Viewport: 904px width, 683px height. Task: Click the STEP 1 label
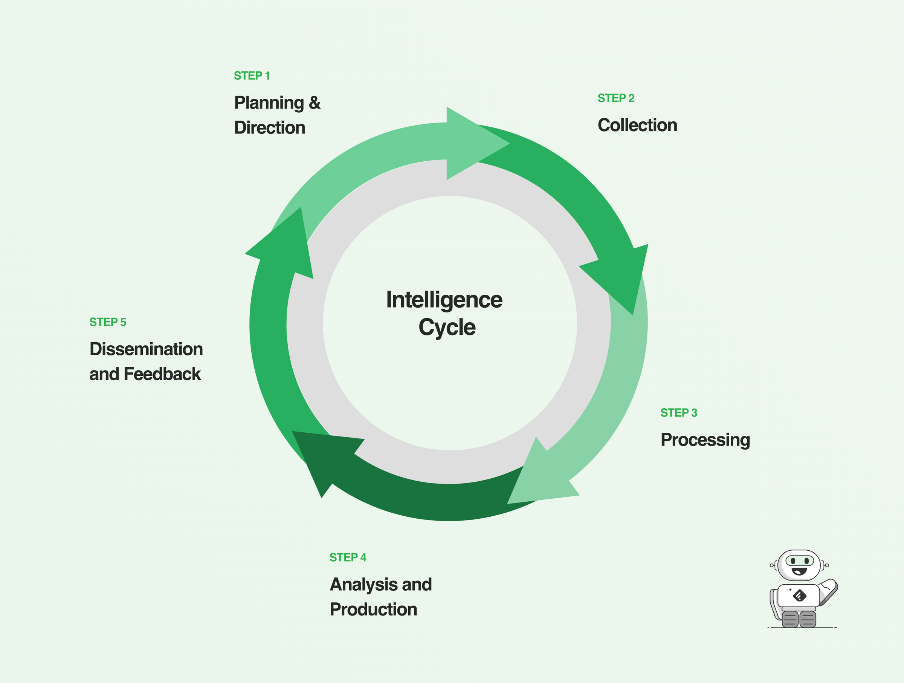point(251,76)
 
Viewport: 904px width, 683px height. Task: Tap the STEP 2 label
point(615,98)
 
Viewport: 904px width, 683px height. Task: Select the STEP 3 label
point(678,413)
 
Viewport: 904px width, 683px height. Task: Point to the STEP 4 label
point(347,557)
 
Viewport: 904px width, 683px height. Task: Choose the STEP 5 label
point(107,322)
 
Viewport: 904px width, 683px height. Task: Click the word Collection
point(637,125)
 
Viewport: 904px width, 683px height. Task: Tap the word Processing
point(705,440)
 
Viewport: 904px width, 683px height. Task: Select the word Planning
point(269,103)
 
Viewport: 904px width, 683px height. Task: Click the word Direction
point(269,128)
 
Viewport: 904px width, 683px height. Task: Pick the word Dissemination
point(146,349)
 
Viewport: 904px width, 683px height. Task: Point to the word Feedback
point(162,374)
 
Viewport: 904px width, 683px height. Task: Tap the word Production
point(373,609)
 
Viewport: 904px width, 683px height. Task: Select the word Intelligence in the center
point(444,300)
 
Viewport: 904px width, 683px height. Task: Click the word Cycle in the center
point(447,328)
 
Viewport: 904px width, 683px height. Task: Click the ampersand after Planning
point(314,103)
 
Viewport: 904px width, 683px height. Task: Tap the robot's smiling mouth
point(799,571)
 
